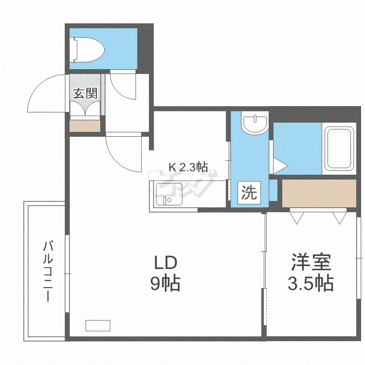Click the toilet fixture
click(x=89, y=50)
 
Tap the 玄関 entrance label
click(x=85, y=93)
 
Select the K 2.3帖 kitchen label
click(x=188, y=167)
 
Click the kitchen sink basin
click(x=169, y=194)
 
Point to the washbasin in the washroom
click(x=255, y=123)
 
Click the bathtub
click(x=339, y=148)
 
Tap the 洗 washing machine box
click(x=249, y=193)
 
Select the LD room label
click(x=165, y=263)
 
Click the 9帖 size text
click(x=165, y=283)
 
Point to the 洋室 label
click(x=311, y=262)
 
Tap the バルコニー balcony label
click(x=48, y=272)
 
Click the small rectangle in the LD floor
click(x=98, y=326)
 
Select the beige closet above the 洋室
click(x=319, y=193)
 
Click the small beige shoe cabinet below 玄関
click(x=85, y=126)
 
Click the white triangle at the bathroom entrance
click(x=280, y=166)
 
